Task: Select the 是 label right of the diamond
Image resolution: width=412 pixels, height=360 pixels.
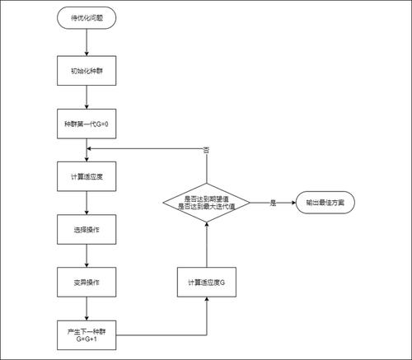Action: (x=272, y=203)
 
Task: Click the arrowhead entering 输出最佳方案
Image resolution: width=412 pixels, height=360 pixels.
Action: (x=293, y=203)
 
